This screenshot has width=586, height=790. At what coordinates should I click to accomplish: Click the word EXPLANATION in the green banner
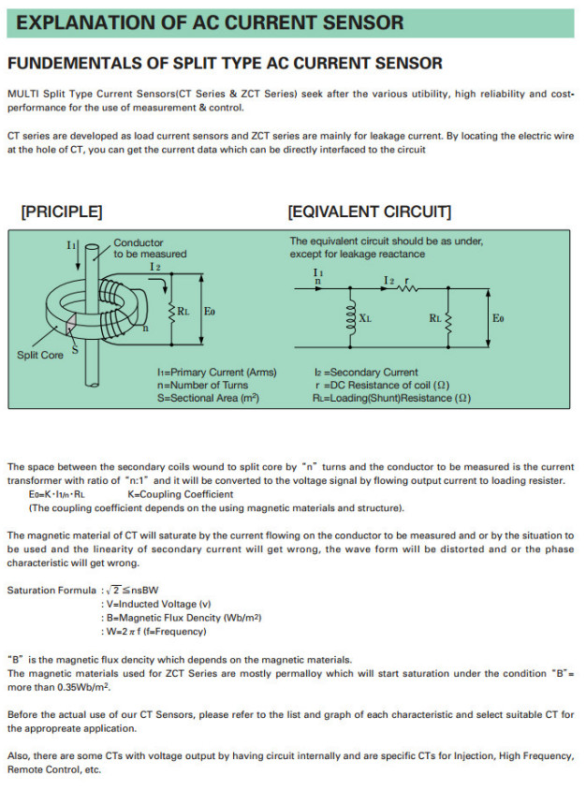[81, 22]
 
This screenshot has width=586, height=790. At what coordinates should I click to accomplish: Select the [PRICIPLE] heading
[62, 212]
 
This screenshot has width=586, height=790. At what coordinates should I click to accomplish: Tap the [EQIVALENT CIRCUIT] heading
[370, 212]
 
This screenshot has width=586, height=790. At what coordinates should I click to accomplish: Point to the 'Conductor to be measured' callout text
[150, 248]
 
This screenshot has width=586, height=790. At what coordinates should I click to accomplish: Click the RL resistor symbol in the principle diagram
[172, 311]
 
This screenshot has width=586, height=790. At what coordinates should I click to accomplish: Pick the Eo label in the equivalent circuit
[498, 318]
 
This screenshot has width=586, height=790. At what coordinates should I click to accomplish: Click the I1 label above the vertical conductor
[71, 244]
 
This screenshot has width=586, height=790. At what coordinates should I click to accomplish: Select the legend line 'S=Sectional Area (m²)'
[208, 398]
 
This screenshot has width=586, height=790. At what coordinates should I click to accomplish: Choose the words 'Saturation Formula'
[51, 590]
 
